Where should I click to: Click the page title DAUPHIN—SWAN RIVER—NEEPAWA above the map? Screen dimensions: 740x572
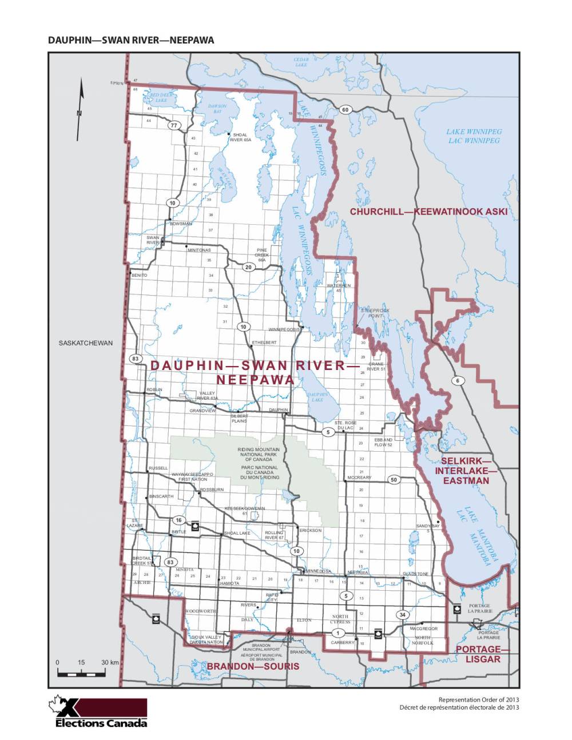(131, 40)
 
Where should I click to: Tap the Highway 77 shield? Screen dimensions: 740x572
(174, 125)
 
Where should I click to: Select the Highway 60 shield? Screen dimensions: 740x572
(345, 110)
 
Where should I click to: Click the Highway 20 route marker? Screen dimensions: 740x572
(248, 267)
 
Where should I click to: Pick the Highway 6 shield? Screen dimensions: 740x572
(458, 380)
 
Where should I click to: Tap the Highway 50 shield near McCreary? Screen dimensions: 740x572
(394, 480)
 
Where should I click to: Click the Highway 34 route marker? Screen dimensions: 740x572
(402, 615)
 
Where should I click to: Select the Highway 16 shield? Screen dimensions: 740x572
(179, 520)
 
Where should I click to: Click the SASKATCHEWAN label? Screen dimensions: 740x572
(86, 343)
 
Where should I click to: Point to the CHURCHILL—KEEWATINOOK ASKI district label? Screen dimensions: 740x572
(428, 212)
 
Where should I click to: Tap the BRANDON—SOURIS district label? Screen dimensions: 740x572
(253, 666)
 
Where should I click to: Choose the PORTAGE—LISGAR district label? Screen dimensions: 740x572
(478, 654)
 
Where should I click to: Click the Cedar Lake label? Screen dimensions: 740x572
(301, 62)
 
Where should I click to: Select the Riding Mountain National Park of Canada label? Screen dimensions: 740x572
(259, 455)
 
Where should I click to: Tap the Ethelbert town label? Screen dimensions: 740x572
(264, 343)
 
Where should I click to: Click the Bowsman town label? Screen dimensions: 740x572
(181, 224)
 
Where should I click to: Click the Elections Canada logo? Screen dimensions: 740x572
(101, 712)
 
